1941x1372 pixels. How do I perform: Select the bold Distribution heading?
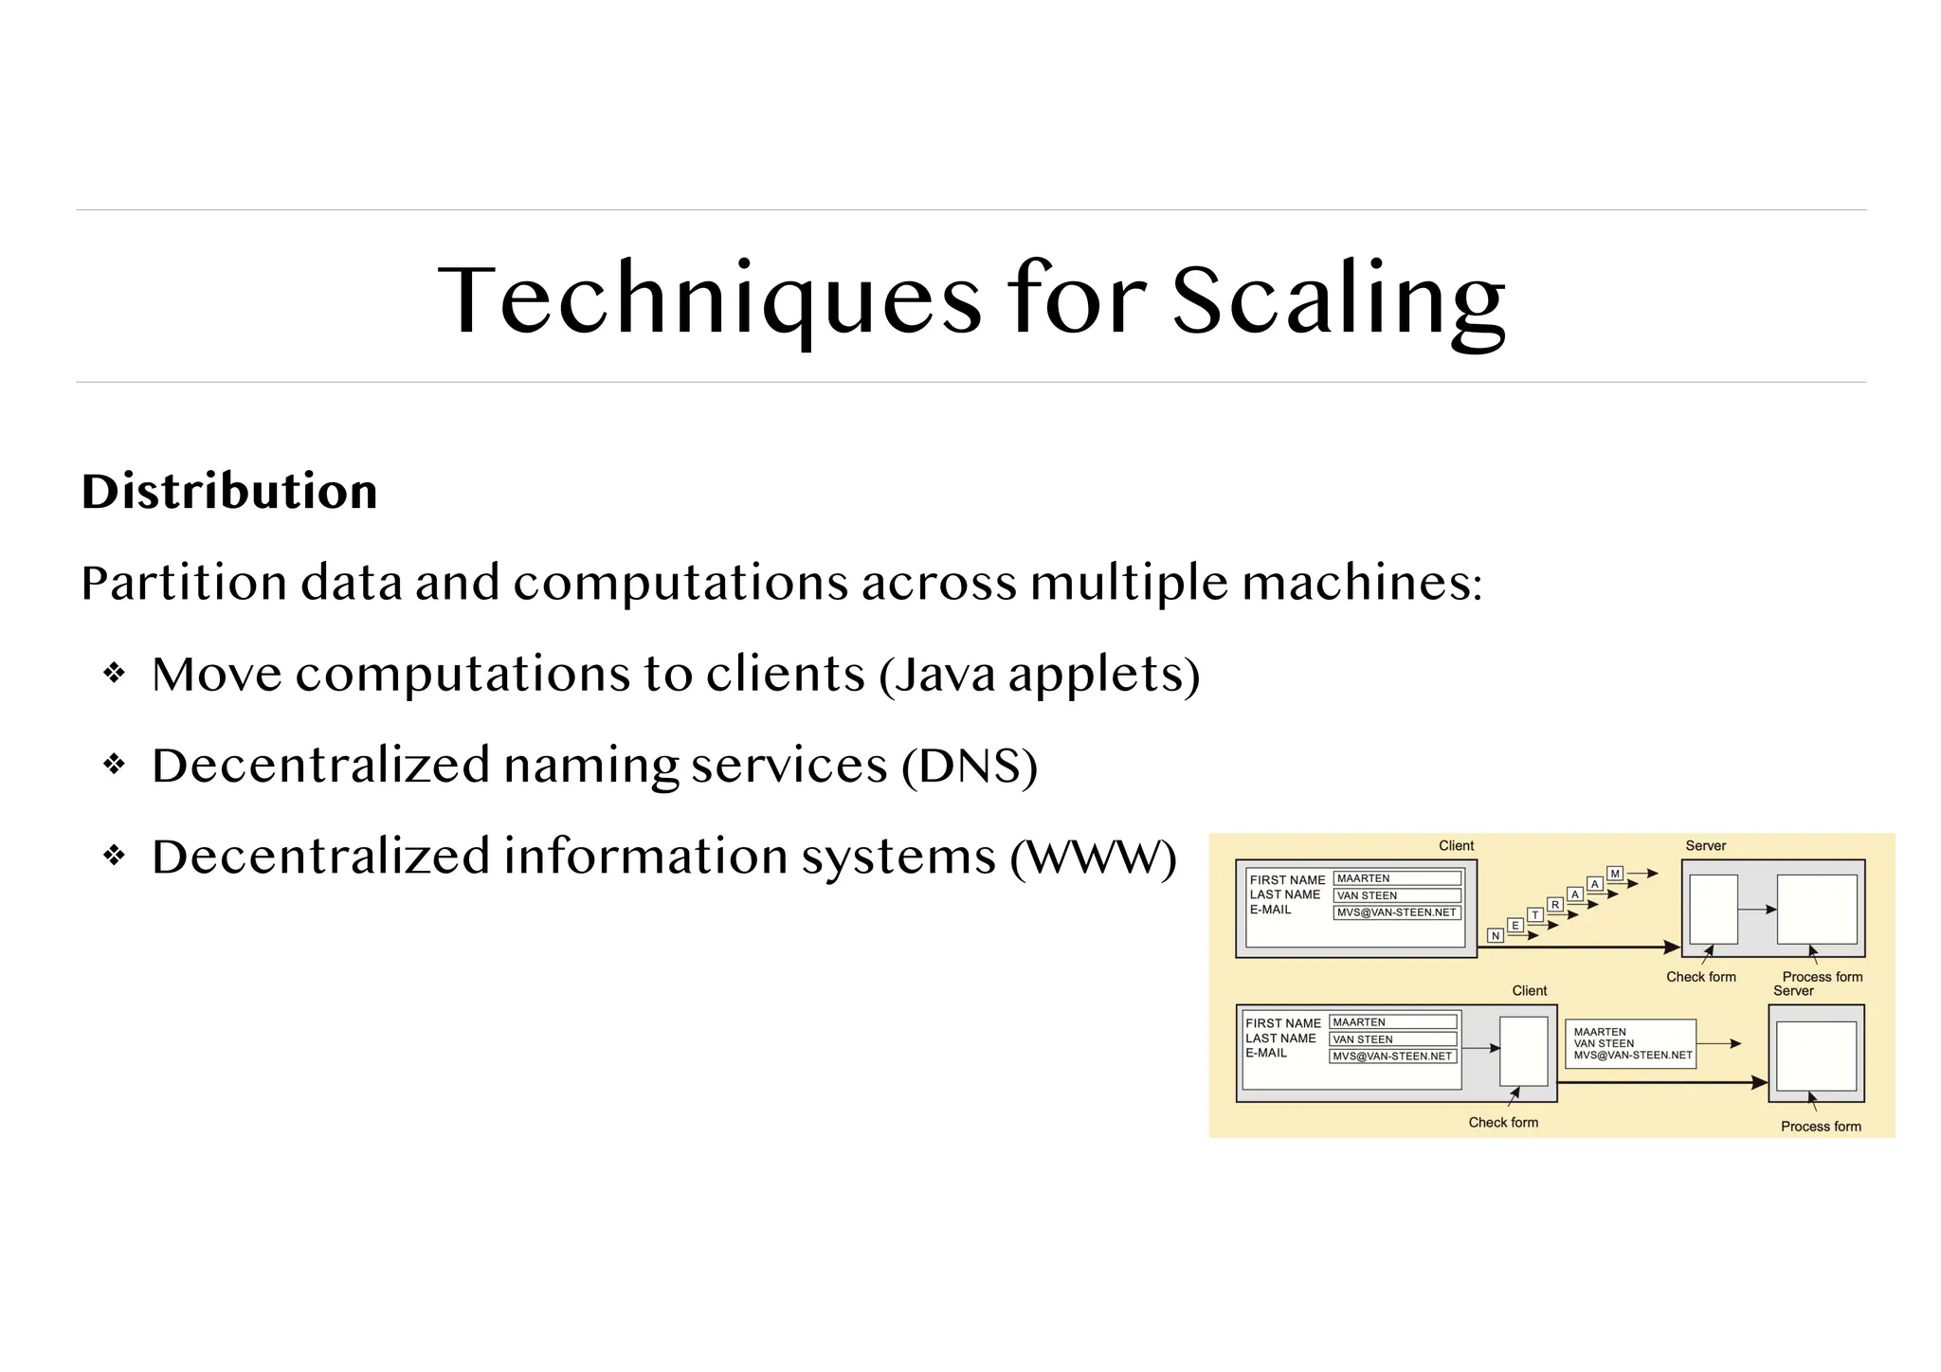click(229, 492)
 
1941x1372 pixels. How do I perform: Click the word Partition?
click(184, 582)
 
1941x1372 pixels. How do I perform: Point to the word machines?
click(1362, 582)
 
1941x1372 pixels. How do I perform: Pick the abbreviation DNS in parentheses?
click(969, 766)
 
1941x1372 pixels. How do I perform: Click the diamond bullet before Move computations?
click(115, 674)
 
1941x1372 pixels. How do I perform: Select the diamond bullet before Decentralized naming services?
click(115, 765)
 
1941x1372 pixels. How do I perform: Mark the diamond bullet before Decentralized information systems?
click(115, 857)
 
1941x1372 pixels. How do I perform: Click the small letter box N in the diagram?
click(1496, 935)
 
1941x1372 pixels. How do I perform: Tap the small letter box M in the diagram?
click(1615, 873)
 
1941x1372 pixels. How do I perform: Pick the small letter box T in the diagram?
click(1535, 914)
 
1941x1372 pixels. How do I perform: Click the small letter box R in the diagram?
click(1555, 904)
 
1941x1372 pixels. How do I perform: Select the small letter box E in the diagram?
click(1515, 925)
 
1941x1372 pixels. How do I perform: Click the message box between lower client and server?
click(1630, 1043)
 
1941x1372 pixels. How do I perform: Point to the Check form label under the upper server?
click(1701, 977)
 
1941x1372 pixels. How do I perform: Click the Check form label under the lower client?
click(1503, 1122)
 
